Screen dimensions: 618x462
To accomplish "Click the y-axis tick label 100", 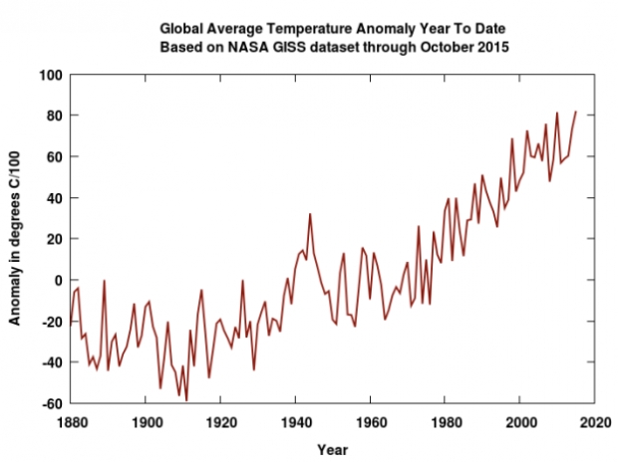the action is click(51, 75).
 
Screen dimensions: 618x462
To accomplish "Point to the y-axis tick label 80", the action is click(55, 115).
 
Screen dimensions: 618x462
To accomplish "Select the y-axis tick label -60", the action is click(52, 403).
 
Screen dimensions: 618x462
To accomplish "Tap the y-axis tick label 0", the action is click(59, 280).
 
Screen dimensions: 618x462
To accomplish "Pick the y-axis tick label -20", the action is click(52, 322).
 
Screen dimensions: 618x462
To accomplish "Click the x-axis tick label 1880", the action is click(72, 423).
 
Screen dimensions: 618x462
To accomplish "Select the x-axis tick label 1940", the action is click(296, 423).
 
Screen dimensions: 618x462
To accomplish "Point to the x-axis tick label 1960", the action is click(371, 423).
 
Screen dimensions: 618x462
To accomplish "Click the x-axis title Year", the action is click(333, 450).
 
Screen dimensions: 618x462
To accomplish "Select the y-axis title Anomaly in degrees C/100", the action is click(15, 239).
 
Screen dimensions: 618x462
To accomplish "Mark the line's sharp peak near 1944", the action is click(310, 214).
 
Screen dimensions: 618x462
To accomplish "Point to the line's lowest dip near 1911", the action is click(186, 400).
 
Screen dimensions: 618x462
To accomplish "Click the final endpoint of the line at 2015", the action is click(576, 112).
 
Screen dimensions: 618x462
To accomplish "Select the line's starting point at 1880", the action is click(71, 325).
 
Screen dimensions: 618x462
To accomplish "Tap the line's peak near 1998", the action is click(512, 138).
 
